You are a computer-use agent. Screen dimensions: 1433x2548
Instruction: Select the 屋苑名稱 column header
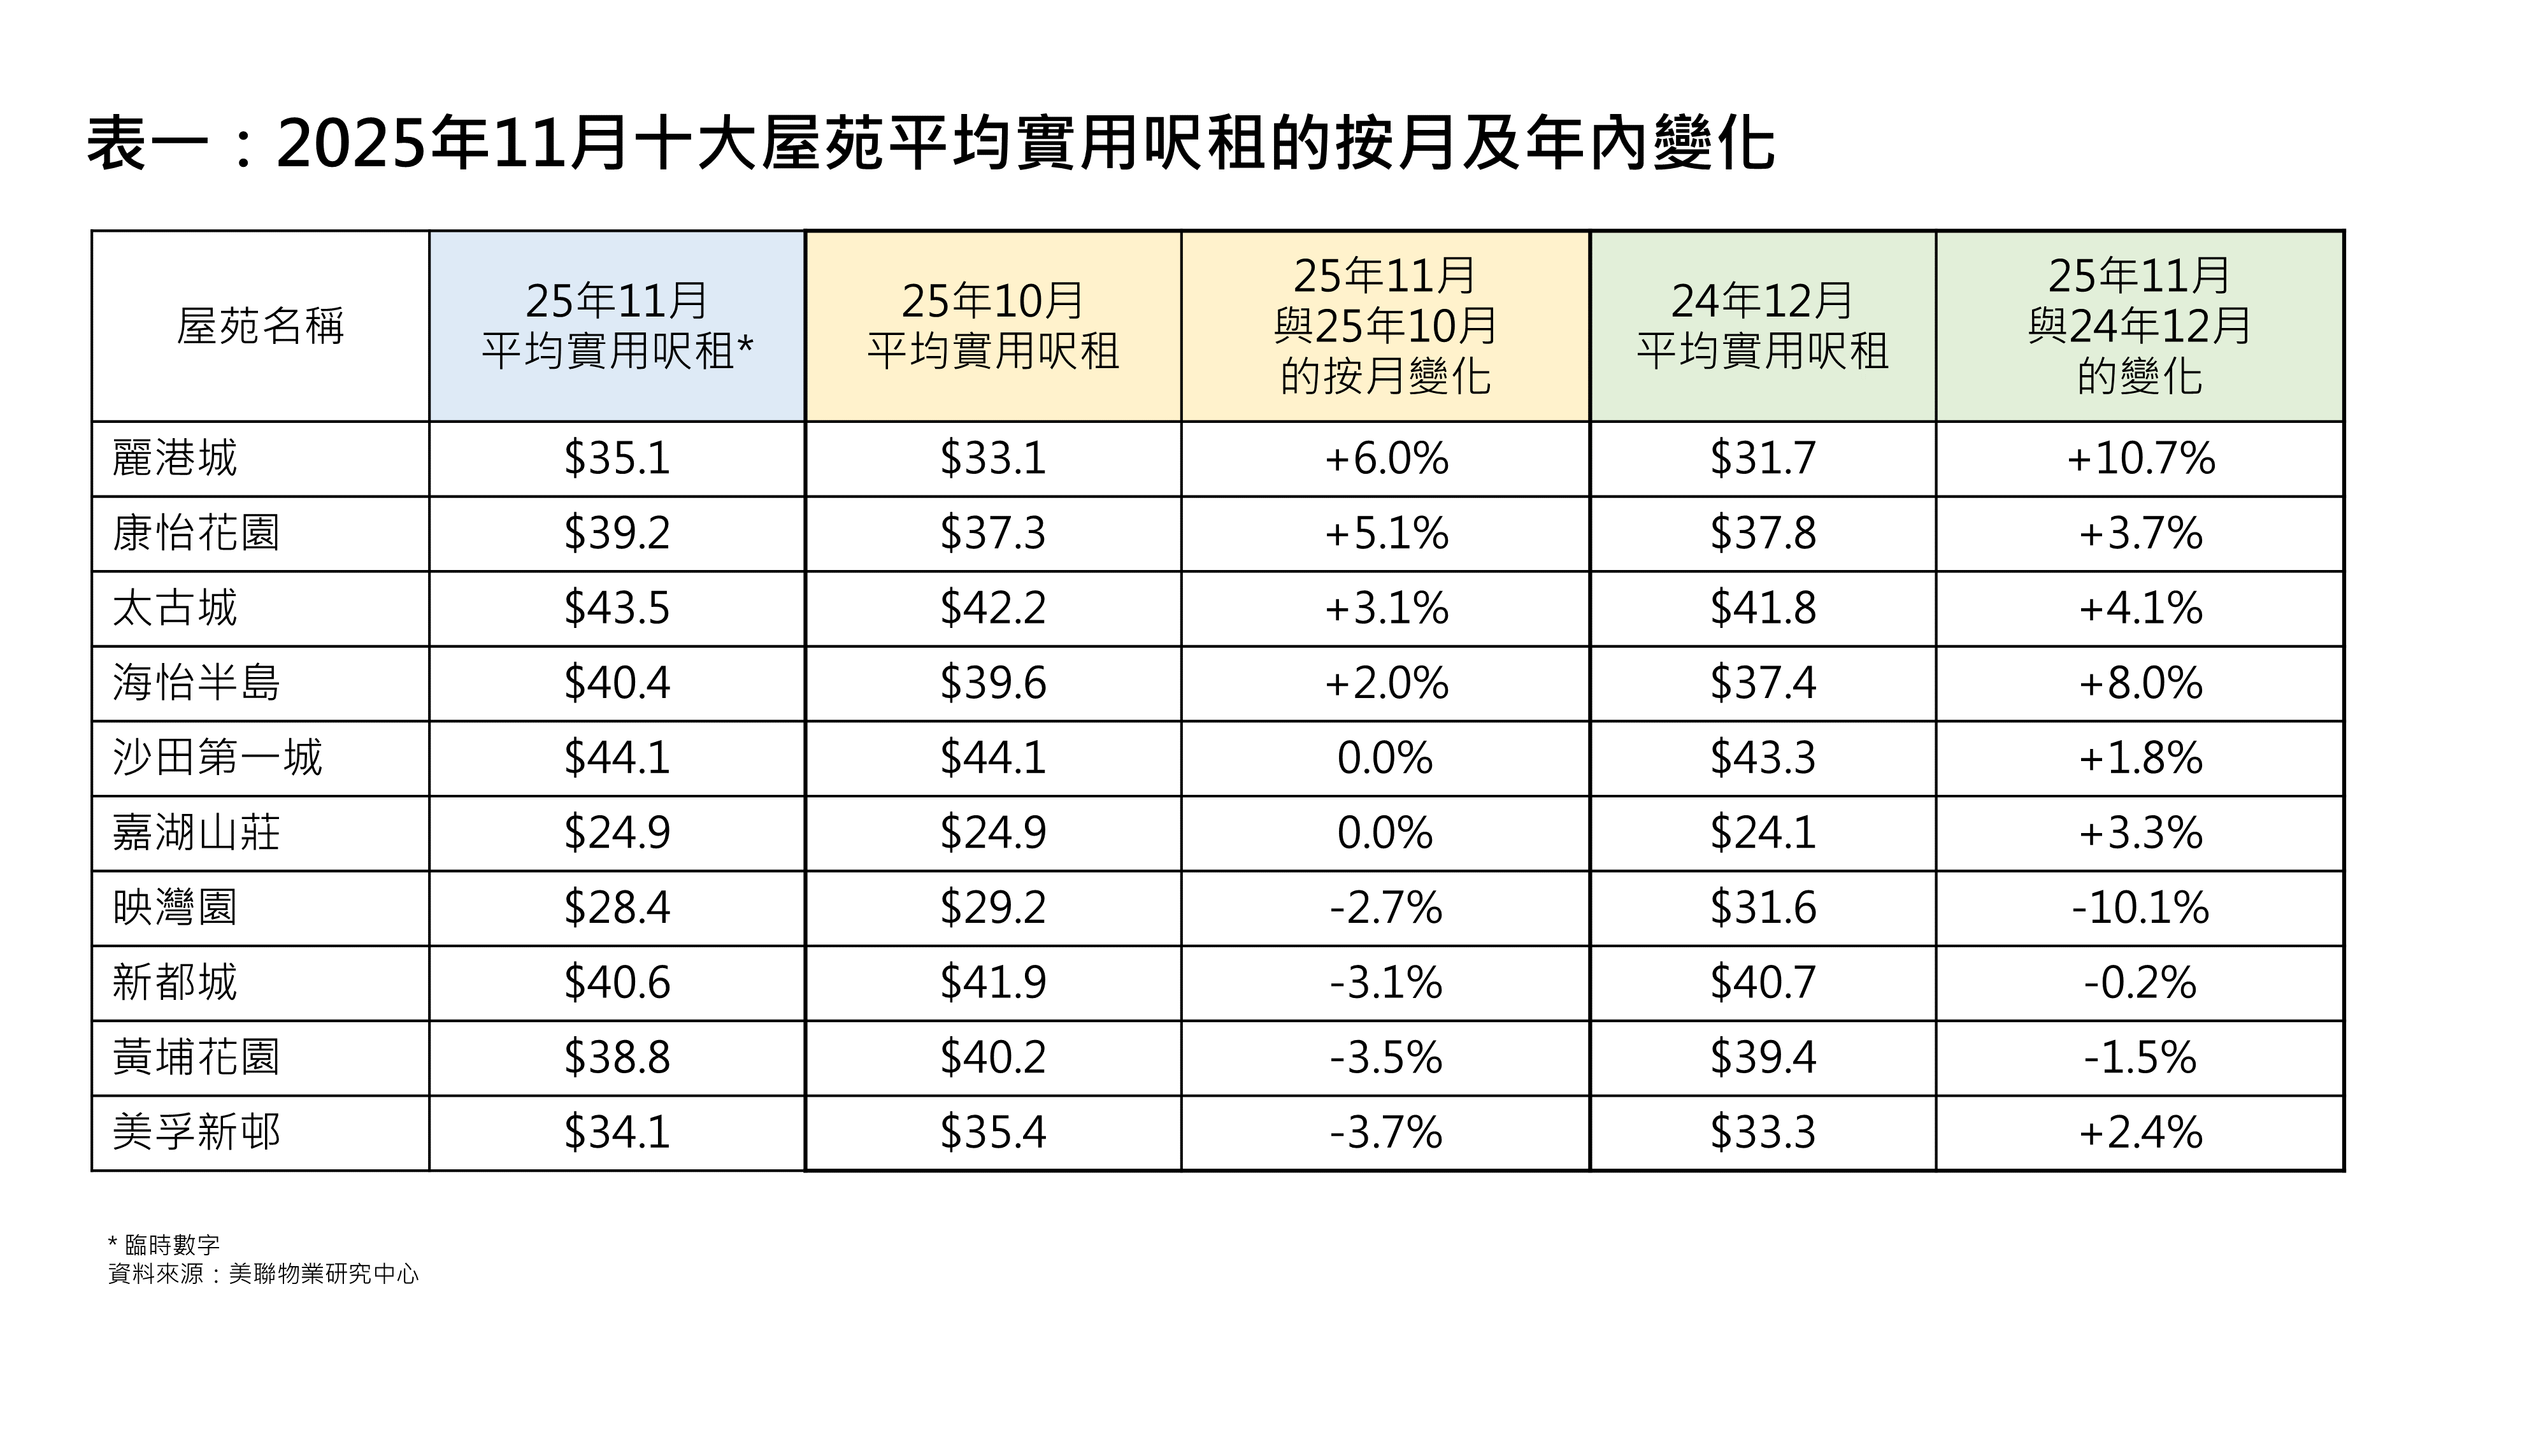pyautogui.click(x=260, y=326)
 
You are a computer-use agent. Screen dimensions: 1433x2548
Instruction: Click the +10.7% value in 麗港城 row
pyautogui.click(x=2140, y=459)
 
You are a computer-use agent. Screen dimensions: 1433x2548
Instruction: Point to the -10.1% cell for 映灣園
pyautogui.click(x=2140, y=908)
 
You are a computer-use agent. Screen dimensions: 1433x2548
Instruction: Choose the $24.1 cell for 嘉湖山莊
pyautogui.click(x=1763, y=832)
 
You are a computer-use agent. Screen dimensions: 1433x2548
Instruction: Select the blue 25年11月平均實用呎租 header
pyautogui.click(x=617, y=326)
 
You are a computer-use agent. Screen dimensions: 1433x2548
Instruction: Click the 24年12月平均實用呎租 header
pyautogui.click(x=1763, y=326)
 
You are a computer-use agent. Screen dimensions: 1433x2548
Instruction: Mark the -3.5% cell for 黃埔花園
pyautogui.click(x=1385, y=1058)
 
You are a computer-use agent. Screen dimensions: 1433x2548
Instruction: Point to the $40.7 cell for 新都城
pyautogui.click(x=1763, y=983)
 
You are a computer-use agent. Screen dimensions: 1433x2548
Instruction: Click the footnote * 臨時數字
pyautogui.click(x=164, y=1244)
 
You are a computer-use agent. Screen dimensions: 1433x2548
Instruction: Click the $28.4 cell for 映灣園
pyautogui.click(x=617, y=908)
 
